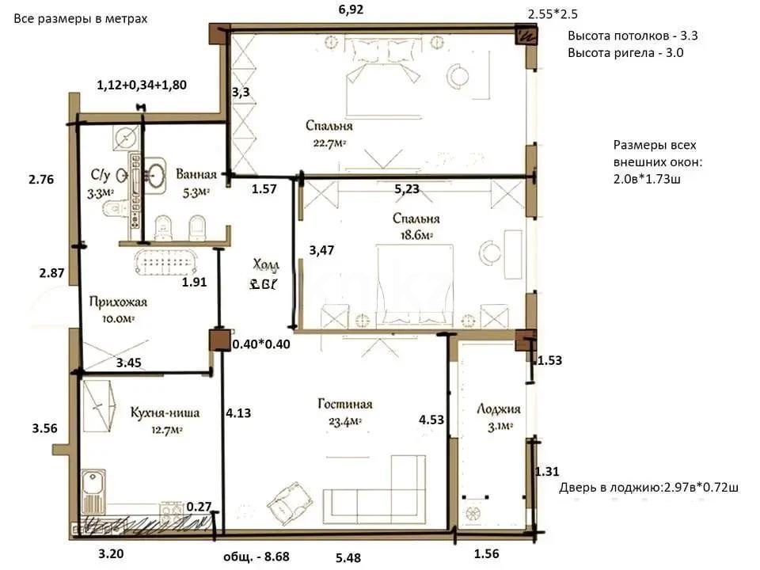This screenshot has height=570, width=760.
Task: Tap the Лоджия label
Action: [x=499, y=408]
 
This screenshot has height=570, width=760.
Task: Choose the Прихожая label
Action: [x=118, y=302]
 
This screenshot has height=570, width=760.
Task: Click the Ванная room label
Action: [x=193, y=173]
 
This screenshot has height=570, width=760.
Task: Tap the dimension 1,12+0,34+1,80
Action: [x=142, y=85]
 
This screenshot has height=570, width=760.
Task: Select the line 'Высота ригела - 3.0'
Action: [x=625, y=53]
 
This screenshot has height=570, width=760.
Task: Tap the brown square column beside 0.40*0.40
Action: [x=218, y=340]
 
